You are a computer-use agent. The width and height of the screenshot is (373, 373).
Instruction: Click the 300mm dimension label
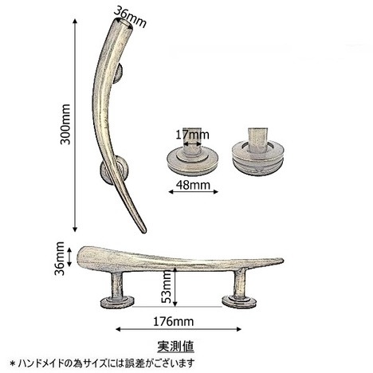point(65,124)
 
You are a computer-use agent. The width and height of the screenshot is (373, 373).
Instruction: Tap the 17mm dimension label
point(192,135)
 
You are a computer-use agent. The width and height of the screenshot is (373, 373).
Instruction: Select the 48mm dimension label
point(193,185)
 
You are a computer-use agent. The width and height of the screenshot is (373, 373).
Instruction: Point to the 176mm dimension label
point(173,322)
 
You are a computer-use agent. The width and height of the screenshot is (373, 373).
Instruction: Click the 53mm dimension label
point(167,287)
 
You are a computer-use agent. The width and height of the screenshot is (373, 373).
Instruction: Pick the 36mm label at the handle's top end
point(130,17)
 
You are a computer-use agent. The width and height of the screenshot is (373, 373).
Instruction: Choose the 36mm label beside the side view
point(60,258)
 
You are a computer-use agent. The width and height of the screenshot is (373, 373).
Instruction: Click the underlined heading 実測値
point(175,346)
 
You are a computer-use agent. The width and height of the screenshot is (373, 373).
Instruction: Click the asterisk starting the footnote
point(12,363)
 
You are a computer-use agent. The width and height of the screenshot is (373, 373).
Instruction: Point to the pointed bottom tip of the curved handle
point(144,231)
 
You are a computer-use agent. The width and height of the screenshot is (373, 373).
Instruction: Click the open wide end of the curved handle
point(124,23)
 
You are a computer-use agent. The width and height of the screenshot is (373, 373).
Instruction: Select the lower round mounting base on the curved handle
point(114,171)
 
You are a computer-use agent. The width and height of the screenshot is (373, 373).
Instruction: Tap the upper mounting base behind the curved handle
point(119,73)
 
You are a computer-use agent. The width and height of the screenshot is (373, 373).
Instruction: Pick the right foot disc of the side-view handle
point(239,301)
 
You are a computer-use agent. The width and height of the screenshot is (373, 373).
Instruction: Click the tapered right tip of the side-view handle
point(281,260)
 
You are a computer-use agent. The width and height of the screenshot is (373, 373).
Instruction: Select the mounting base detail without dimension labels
point(257,152)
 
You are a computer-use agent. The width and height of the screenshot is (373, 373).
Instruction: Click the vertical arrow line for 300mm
point(75,125)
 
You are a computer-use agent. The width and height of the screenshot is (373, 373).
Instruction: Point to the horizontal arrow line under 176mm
point(179,329)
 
